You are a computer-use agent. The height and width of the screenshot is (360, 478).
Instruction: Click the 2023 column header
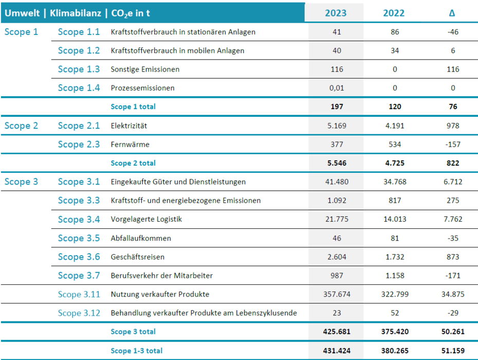336,13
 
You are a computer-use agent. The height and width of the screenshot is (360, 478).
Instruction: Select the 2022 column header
394,13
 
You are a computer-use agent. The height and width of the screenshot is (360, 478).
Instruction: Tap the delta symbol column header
452,13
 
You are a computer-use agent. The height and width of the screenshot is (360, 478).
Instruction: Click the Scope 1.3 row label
79,69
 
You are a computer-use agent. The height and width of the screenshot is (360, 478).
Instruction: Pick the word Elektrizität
128,125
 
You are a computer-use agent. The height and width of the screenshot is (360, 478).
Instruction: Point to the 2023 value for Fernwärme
337,145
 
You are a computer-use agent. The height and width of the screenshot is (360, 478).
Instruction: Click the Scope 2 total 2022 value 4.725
394,163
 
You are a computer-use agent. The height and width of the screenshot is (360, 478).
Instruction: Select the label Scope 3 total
133,332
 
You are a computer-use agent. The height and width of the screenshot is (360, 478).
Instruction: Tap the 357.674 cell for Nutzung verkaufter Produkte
337,294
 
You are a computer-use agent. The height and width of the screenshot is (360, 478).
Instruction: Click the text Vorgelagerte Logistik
146,219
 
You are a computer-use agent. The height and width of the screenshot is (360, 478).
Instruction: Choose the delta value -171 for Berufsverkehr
453,276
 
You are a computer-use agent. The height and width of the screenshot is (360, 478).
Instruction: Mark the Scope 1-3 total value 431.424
337,351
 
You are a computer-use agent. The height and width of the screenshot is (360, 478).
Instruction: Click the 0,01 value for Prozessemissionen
337,88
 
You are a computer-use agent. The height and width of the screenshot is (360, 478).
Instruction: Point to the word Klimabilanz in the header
75,13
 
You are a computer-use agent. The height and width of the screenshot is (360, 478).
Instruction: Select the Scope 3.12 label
79,313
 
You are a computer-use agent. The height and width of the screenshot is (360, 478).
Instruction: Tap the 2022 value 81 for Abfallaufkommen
394,238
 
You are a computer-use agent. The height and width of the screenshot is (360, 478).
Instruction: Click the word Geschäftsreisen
137,257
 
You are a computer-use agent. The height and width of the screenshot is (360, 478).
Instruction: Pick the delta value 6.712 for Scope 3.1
453,182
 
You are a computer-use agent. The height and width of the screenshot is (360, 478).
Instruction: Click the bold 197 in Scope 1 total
337,106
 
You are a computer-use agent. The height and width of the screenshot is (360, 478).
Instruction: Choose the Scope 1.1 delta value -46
453,32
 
